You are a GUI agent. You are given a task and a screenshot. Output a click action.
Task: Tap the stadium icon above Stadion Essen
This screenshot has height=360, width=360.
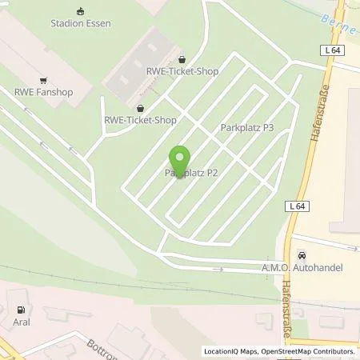pos(79,11)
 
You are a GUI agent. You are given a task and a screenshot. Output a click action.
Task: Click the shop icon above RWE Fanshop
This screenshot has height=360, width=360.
pos(44,79)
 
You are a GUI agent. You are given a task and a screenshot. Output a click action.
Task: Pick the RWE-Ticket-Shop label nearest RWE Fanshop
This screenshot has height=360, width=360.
pos(140,120)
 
